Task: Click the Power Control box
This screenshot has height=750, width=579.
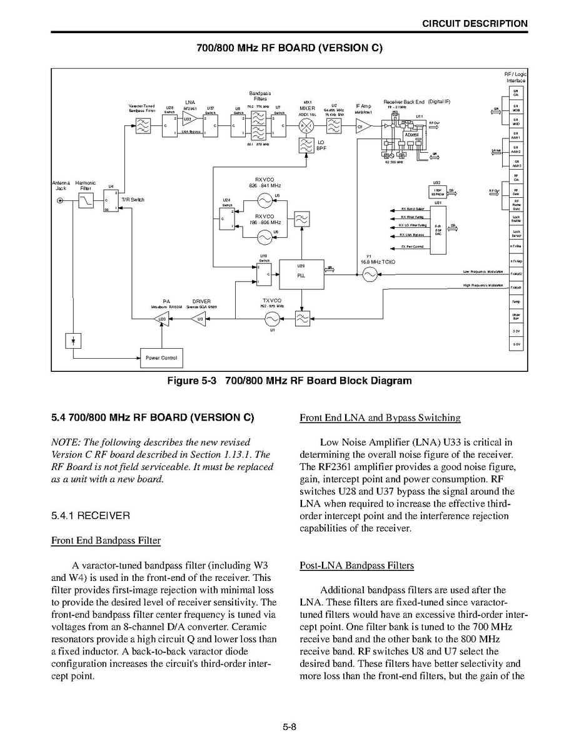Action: (x=161, y=358)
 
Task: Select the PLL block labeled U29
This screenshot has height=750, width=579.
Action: (x=301, y=274)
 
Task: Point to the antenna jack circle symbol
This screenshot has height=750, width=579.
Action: (x=60, y=200)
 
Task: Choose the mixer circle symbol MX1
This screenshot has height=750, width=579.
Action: (x=306, y=127)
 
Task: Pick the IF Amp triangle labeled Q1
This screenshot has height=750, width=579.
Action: (x=363, y=127)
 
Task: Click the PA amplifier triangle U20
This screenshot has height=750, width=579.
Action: (x=161, y=319)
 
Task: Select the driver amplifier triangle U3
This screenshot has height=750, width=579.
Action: (x=198, y=319)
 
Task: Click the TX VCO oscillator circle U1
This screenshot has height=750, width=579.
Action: (x=272, y=319)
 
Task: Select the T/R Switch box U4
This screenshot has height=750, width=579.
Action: (x=110, y=200)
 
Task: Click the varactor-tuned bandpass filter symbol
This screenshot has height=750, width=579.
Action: (x=143, y=127)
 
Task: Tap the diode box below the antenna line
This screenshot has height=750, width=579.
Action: (x=74, y=341)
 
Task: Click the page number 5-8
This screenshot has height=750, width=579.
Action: (x=289, y=727)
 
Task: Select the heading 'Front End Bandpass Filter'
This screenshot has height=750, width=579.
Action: (x=106, y=540)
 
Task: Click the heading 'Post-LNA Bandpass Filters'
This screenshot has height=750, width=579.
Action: (x=356, y=565)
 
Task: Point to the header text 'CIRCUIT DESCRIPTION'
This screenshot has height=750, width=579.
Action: (x=475, y=24)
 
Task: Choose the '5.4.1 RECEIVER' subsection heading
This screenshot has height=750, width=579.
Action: (x=91, y=515)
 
